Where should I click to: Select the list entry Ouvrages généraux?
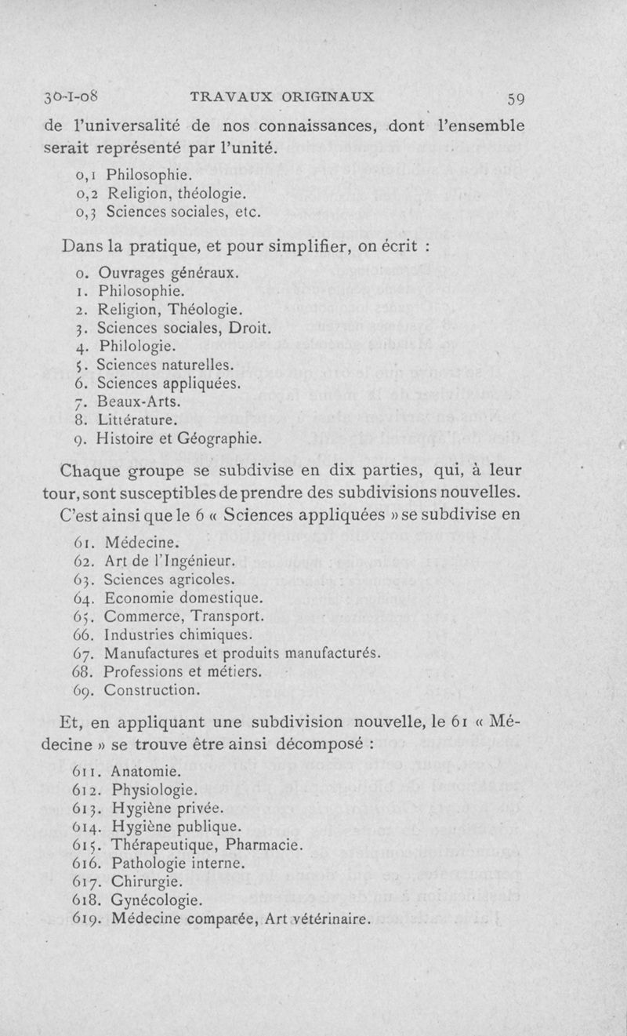(x=167, y=274)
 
